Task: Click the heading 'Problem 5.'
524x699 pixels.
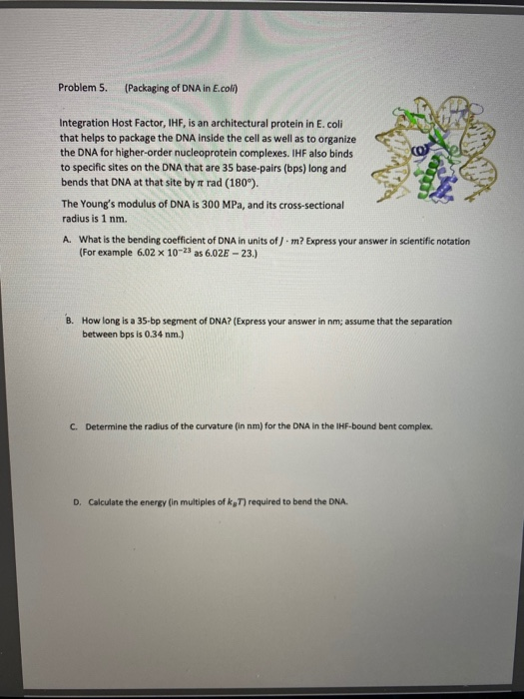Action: point(83,88)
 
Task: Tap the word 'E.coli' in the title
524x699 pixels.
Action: point(225,88)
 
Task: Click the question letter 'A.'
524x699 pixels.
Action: point(68,240)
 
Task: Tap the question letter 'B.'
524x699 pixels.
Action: point(71,321)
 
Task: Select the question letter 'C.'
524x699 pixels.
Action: point(75,426)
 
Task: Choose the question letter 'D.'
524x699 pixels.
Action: point(78,502)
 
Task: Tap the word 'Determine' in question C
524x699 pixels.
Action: point(106,426)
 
